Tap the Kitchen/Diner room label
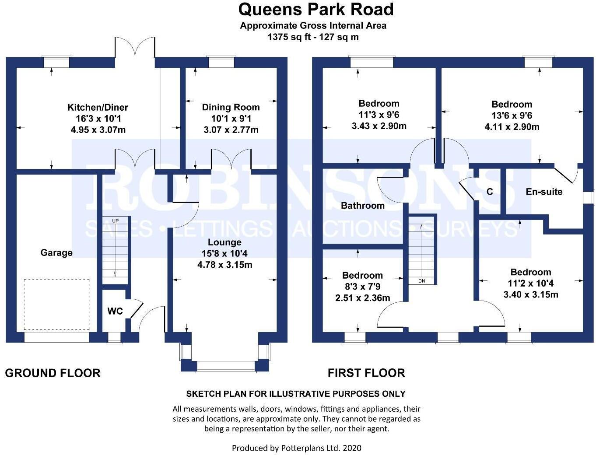coord(98,107)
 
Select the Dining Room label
coord(231,107)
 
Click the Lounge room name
coord(224,242)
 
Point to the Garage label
coord(56,252)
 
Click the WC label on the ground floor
coord(115,311)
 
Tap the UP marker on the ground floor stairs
coord(115,220)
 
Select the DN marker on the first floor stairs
coord(421,281)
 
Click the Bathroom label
coord(363,206)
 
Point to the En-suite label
coord(544,192)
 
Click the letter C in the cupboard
coord(490,192)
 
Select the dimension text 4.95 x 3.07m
coord(98,130)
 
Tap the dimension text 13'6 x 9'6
coord(512,115)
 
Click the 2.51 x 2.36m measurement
coord(362,298)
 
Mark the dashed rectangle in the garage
coord(56,304)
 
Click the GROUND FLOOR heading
coord(53,373)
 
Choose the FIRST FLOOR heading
coord(366,373)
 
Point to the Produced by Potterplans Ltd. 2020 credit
coord(296,448)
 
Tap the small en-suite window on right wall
coord(592,197)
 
